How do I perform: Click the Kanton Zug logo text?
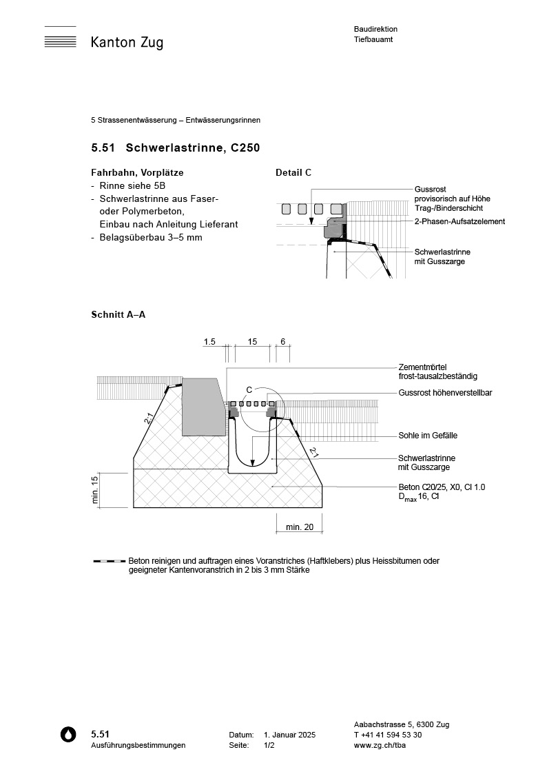pyautogui.click(x=127, y=43)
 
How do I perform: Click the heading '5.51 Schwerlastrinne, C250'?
pyautogui.click(x=175, y=147)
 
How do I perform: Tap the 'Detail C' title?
pyautogui.click(x=293, y=172)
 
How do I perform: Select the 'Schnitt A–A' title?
pyautogui.click(x=118, y=314)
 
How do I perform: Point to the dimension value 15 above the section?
pyautogui.click(x=252, y=342)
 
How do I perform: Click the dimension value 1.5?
pyautogui.click(x=210, y=342)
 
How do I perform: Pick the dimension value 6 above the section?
pyautogui.click(x=282, y=342)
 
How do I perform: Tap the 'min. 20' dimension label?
pyautogui.click(x=300, y=527)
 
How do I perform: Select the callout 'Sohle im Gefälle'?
pyautogui.click(x=428, y=436)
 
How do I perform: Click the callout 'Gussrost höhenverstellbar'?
pyautogui.click(x=445, y=393)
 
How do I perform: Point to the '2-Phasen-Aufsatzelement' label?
pyautogui.click(x=460, y=221)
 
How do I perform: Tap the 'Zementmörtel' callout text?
pyautogui.click(x=427, y=367)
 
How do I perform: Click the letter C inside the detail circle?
pyautogui.click(x=249, y=389)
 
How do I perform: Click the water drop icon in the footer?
pyautogui.click(x=68, y=735)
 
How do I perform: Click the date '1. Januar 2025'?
pyautogui.click(x=289, y=735)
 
